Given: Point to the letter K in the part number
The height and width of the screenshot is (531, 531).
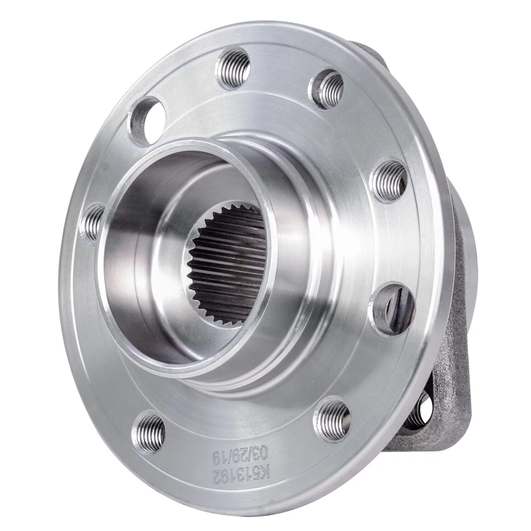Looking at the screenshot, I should coord(265,473).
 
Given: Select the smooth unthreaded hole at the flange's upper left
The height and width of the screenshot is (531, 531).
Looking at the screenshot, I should coord(146,121).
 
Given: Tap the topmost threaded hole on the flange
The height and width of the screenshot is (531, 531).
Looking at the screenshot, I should coord(233,68).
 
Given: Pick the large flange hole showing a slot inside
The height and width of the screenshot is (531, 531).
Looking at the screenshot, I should coord(393,308).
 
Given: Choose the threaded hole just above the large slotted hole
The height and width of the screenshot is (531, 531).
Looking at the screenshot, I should coord(389,180).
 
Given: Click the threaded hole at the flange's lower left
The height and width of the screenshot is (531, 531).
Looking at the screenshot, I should coord(149,432).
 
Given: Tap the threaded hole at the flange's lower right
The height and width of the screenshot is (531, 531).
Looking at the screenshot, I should coord(333,419).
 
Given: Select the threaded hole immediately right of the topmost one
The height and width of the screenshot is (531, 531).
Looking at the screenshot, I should coord(326,88).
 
